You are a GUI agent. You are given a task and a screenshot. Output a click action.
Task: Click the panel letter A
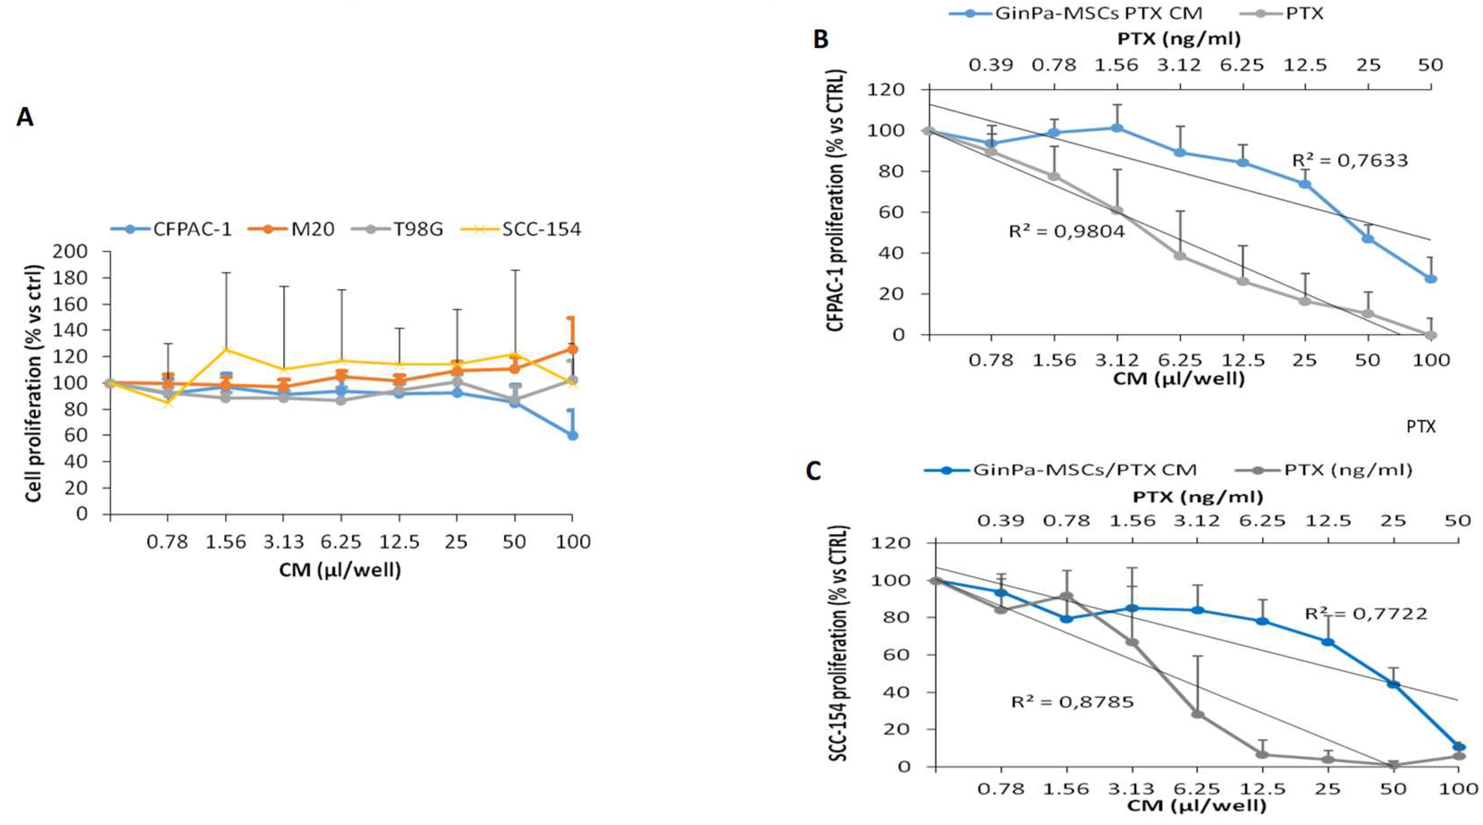tap(25, 118)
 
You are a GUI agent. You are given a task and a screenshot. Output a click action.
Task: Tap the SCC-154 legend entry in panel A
tap(541, 229)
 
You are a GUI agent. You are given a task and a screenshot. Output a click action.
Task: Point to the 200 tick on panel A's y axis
tap(70, 252)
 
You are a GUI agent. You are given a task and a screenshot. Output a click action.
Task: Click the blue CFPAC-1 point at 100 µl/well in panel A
tap(572, 435)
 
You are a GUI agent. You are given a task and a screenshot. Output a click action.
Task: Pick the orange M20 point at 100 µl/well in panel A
tap(572, 349)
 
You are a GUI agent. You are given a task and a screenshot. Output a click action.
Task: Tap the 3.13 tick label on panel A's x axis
tap(282, 542)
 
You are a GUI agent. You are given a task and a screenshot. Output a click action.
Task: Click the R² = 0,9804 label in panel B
tap(1066, 232)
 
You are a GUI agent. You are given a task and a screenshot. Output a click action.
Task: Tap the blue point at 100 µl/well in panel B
tap(1431, 278)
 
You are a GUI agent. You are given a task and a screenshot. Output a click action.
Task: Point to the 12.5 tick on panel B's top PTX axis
tap(1305, 65)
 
